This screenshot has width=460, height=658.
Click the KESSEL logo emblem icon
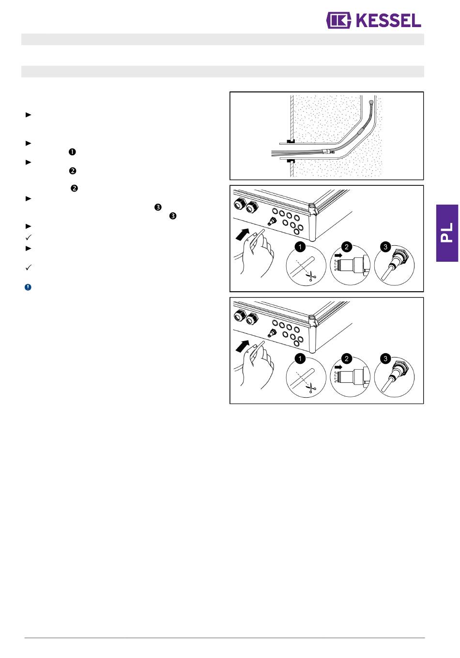[338, 20]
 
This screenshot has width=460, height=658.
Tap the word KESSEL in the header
[388, 20]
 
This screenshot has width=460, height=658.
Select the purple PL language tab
[447, 233]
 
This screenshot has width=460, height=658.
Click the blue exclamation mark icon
[28, 287]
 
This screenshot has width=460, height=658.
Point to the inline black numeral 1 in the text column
[72, 152]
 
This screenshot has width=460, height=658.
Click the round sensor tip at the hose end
[371, 102]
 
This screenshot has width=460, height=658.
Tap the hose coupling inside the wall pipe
[326, 152]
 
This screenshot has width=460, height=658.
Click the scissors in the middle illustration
[311, 276]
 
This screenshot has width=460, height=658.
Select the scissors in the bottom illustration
[311, 388]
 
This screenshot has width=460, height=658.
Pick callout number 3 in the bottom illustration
[385, 359]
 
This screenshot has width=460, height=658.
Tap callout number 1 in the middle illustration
[300, 247]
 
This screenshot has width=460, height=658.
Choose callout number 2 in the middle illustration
[347, 247]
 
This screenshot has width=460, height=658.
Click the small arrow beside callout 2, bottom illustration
[338, 367]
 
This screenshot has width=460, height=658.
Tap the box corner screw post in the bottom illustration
[312, 318]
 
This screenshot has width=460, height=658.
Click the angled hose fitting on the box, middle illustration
[272, 221]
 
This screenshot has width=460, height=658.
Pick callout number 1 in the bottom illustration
[300, 359]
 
